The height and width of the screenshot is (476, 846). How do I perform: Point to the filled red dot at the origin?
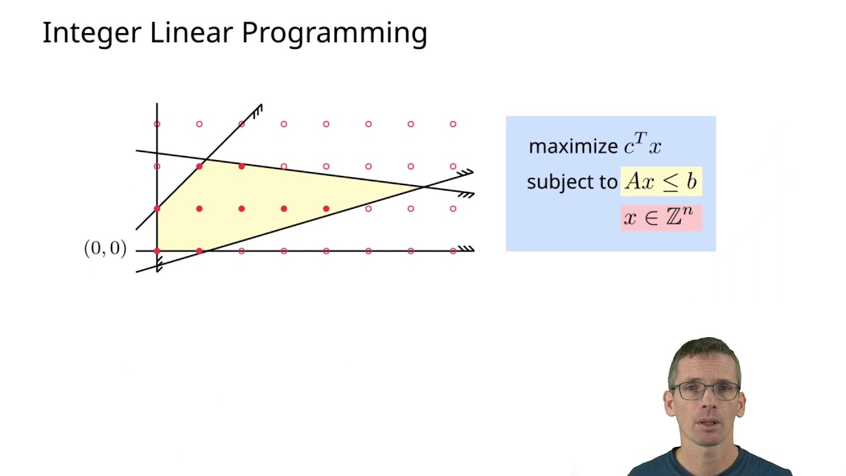(x=157, y=251)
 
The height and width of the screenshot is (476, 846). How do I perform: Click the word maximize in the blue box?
(x=573, y=146)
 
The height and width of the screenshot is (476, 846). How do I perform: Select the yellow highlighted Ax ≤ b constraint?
(x=661, y=182)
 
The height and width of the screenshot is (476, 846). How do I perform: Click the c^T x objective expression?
(x=643, y=145)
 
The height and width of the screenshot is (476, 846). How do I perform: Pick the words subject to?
(x=572, y=182)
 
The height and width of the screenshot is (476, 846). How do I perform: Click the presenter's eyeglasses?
(x=705, y=391)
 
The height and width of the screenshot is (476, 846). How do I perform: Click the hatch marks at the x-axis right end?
(x=467, y=249)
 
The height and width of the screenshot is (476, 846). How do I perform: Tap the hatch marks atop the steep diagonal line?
(x=257, y=111)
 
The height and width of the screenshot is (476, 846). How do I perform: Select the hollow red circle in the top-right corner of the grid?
(x=453, y=124)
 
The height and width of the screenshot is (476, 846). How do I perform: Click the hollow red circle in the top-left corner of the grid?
(x=157, y=124)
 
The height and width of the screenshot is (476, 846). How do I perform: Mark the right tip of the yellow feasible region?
(x=422, y=188)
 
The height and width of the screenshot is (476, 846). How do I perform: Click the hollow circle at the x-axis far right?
(x=453, y=251)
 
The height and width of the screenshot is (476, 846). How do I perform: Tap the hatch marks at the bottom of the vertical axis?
(x=159, y=265)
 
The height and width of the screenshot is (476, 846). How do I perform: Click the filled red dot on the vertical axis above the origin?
(x=157, y=209)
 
